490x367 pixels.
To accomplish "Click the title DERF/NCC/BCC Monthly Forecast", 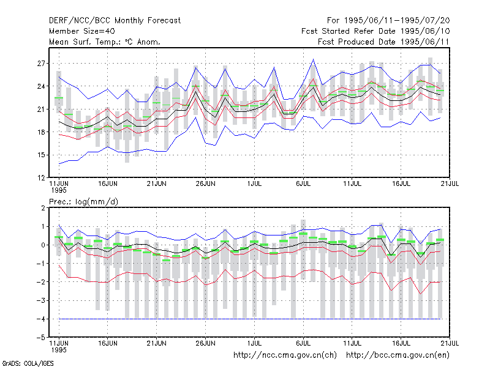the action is point(115,21).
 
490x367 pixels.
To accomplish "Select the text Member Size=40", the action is point(82,31).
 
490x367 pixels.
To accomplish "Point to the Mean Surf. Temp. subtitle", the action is point(105,42).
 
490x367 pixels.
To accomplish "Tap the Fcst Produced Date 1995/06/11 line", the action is point(383,42).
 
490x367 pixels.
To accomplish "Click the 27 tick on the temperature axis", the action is point(41,64).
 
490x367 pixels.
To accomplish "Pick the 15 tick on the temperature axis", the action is point(41,155).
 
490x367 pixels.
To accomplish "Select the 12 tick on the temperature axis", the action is point(41,178).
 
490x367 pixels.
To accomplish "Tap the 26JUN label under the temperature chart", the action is point(205,184).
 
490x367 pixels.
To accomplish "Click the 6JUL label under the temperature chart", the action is point(303,184).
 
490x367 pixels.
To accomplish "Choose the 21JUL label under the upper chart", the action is point(450,184).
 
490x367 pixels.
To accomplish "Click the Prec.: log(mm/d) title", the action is point(83,202).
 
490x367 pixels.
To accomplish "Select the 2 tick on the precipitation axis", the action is point(43,208).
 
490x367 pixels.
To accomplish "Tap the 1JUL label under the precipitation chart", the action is point(254,343).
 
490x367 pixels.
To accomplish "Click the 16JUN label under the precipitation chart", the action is point(108,343).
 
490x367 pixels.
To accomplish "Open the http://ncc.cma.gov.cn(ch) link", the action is point(285,355).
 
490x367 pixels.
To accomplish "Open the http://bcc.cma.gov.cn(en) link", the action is point(398,355).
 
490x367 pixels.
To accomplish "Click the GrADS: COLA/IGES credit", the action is point(28,363).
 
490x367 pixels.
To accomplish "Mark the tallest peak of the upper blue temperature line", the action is point(313,59).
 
